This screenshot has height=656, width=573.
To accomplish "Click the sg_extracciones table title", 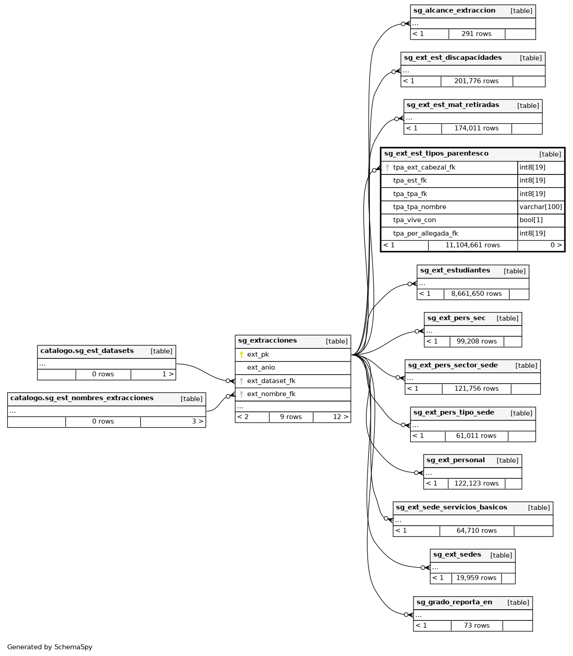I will (267, 341).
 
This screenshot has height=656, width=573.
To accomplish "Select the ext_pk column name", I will (258, 354).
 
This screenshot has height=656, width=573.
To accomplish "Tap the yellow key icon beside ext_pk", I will (241, 354).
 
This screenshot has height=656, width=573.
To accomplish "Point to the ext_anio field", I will (261, 367).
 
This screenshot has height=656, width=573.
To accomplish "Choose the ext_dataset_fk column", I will (271, 381).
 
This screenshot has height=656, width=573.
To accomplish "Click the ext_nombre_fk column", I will (271, 394).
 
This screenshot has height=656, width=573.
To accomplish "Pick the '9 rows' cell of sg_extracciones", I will (291, 417).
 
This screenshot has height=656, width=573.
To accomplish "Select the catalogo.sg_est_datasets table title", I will (87, 351).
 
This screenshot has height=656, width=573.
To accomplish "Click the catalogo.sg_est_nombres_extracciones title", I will (82, 398).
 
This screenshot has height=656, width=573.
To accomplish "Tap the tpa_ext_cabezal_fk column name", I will (424, 167).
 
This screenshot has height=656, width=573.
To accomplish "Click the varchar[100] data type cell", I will (541, 207).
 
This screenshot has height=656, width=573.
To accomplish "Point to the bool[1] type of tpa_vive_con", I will (531, 220).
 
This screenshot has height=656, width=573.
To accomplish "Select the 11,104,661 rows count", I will (472, 245).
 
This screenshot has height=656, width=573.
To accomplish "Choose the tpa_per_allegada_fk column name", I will (425, 233).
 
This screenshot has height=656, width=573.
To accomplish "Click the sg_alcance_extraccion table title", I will (454, 10).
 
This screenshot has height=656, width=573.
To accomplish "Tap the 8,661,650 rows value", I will (476, 294).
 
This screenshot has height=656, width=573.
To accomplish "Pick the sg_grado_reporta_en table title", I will (454, 602).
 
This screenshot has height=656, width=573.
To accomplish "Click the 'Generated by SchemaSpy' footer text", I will (50, 647).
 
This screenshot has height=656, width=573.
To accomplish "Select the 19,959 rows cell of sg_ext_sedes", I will (476, 578).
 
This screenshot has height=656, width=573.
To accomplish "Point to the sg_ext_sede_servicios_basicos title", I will (451, 507).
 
